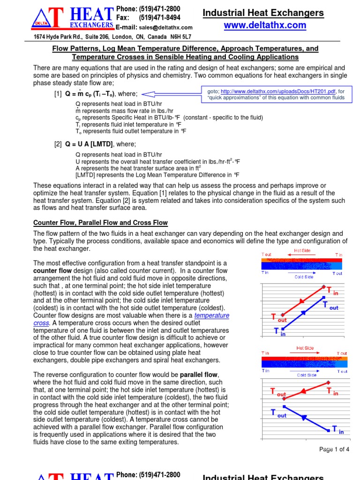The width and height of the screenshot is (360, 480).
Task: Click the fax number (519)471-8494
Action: click(159, 18)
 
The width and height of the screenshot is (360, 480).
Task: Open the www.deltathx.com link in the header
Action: click(265, 25)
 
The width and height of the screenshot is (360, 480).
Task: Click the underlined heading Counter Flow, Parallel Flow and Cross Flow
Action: click(100, 223)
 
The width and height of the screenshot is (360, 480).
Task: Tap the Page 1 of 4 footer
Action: click(334, 449)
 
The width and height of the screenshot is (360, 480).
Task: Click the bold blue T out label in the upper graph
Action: click(330, 306)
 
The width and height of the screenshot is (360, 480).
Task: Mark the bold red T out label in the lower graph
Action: click(277, 392)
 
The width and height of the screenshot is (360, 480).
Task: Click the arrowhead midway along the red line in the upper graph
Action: click(303, 300)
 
